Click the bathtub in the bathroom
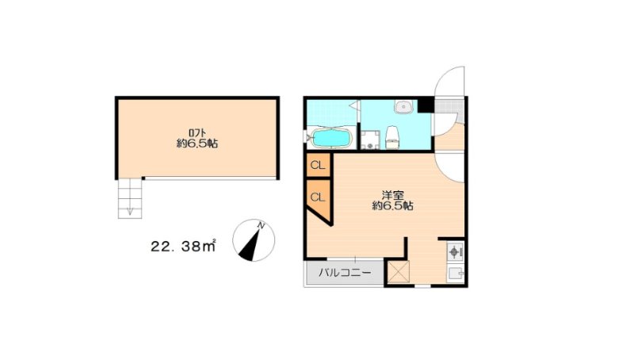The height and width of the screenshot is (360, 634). point(331,138)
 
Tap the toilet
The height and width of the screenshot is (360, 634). point(391,137)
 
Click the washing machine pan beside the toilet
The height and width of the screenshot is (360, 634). point(370,140)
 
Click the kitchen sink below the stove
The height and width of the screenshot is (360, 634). point(455,274)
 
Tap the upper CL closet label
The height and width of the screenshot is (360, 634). point(318,166)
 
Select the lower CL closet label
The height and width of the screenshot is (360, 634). point(318,197)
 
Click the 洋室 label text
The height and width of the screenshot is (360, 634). point(392,195)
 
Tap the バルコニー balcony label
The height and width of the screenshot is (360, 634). point(345,273)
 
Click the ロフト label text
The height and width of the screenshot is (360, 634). point(197,132)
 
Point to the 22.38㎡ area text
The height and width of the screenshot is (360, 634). point(183,246)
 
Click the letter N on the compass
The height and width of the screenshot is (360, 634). point(262,226)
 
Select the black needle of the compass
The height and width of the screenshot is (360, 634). point(250,245)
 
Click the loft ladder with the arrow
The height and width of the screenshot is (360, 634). point(130,198)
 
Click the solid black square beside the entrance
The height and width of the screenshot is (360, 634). point(425,105)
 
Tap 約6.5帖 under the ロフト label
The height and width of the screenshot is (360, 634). point(197,144)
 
